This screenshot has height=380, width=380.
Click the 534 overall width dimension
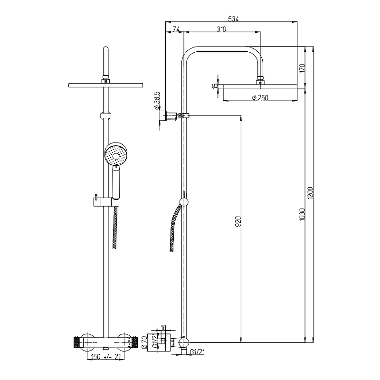tap(233, 19)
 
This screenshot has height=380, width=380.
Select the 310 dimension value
tap(221, 29)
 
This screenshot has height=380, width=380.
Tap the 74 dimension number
tap(176, 29)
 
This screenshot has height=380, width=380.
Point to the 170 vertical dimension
tap(302, 68)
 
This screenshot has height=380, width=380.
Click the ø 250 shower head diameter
tap(260, 97)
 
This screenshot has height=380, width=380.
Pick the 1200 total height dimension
tap(311, 193)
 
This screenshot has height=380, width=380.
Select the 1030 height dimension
tap(302, 214)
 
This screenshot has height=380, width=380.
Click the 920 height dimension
tap(238, 221)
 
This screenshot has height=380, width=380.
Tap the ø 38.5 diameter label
tap(157, 100)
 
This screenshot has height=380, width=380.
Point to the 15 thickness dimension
tap(215, 86)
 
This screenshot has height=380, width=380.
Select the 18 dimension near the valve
tap(163, 328)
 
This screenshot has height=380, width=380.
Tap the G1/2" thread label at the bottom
tap(197, 351)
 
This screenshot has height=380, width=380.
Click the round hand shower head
tap(116, 154)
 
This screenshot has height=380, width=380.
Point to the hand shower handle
tap(116, 184)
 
